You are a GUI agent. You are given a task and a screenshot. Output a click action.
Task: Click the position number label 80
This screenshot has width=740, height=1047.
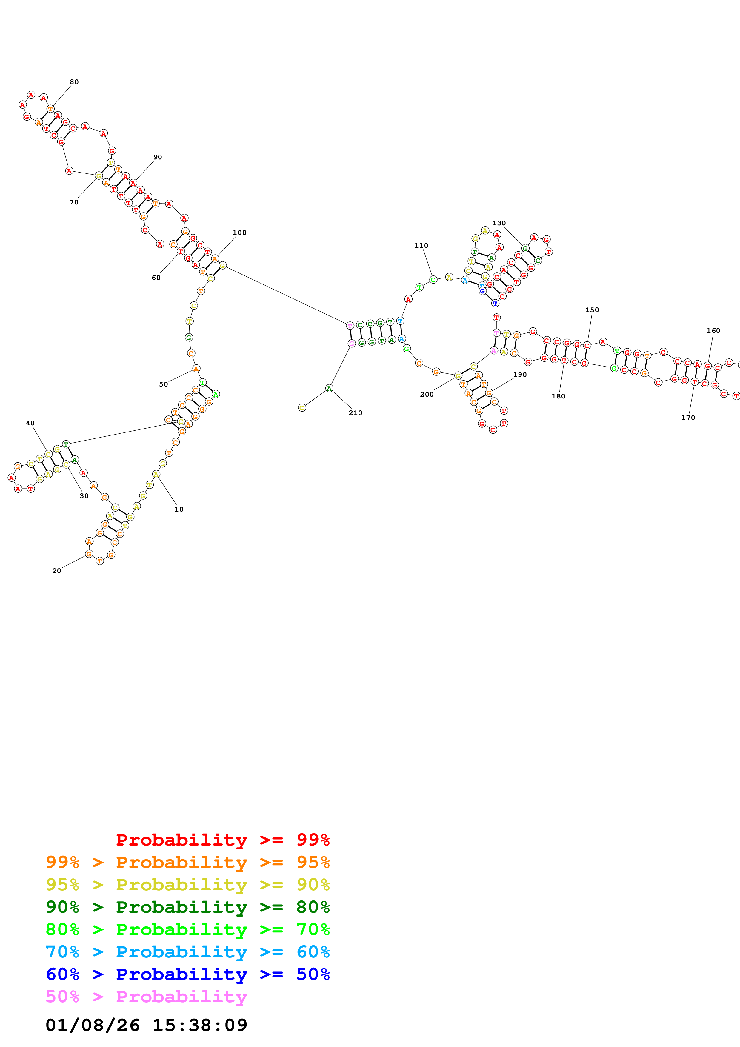click(x=74, y=82)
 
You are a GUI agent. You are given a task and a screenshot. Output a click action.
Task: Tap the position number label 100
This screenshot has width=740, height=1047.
click(x=239, y=233)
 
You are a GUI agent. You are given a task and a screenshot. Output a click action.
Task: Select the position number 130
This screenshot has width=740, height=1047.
click(x=499, y=223)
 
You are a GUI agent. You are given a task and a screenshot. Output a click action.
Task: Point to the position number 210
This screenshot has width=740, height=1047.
click(x=355, y=413)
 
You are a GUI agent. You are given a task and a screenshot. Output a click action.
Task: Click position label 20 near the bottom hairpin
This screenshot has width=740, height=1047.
click(x=56, y=570)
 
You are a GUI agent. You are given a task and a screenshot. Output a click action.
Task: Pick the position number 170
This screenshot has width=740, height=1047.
click(x=688, y=417)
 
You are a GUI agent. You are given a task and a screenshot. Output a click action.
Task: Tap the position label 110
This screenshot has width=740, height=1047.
click(x=421, y=245)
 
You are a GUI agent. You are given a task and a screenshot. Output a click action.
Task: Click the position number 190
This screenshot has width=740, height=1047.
click(x=520, y=374)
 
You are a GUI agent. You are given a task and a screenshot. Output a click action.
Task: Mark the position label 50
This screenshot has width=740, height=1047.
click(x=163, y=384)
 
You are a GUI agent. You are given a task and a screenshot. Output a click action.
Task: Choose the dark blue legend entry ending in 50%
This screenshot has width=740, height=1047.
click(x=187, y=974)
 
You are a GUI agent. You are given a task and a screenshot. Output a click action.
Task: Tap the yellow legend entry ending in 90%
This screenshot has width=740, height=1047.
click(x=187, y=885)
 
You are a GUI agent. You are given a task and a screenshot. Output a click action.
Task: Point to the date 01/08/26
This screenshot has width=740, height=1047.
click(x=93, y=1025)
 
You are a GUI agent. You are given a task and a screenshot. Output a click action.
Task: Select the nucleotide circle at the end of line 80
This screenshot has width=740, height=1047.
click(x=51, y=109)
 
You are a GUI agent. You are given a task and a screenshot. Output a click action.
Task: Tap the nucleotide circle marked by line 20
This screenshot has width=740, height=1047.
click(x=89, y=554)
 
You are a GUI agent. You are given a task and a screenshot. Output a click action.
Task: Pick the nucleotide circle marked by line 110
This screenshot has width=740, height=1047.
click(x=433, y=280)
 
